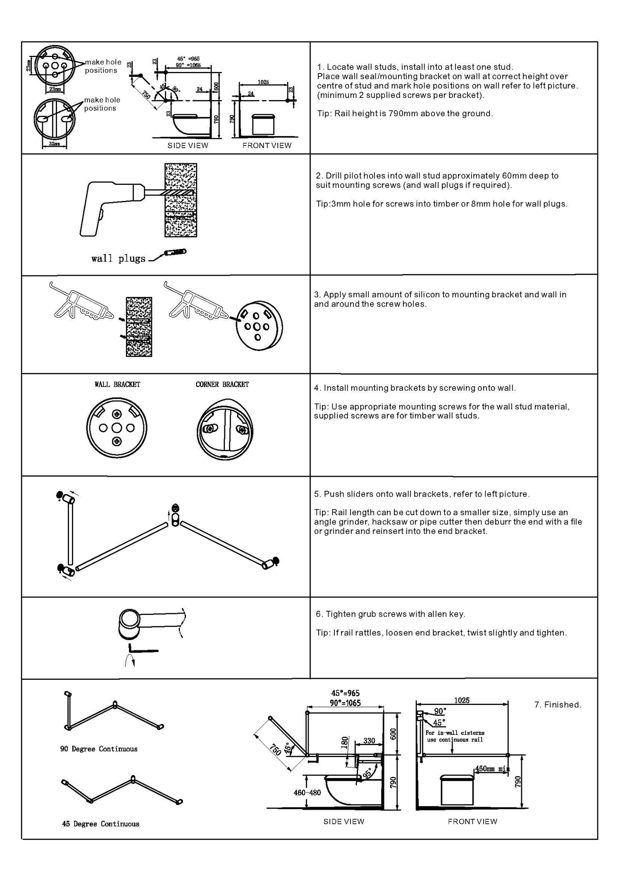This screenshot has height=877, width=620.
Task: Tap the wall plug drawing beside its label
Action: coord(175,252)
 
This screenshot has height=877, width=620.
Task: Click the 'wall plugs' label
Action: coord(118,259)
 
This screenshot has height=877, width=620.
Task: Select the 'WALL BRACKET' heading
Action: coord(117,385)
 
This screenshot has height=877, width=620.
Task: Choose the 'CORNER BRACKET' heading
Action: coord(222,385)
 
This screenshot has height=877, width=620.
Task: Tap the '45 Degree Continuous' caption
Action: coord(100,824)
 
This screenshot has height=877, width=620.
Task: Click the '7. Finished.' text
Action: coord(558,705)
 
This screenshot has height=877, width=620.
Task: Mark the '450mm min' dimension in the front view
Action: coord(492,769)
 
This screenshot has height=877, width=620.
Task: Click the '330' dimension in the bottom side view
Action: coord(369,741)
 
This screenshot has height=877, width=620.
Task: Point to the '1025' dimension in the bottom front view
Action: coord(462,700)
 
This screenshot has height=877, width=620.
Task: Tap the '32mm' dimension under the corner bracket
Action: coord(54,144)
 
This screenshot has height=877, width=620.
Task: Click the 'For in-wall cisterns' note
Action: coord(455,733)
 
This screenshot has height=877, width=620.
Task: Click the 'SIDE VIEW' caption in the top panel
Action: coord(188,146)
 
